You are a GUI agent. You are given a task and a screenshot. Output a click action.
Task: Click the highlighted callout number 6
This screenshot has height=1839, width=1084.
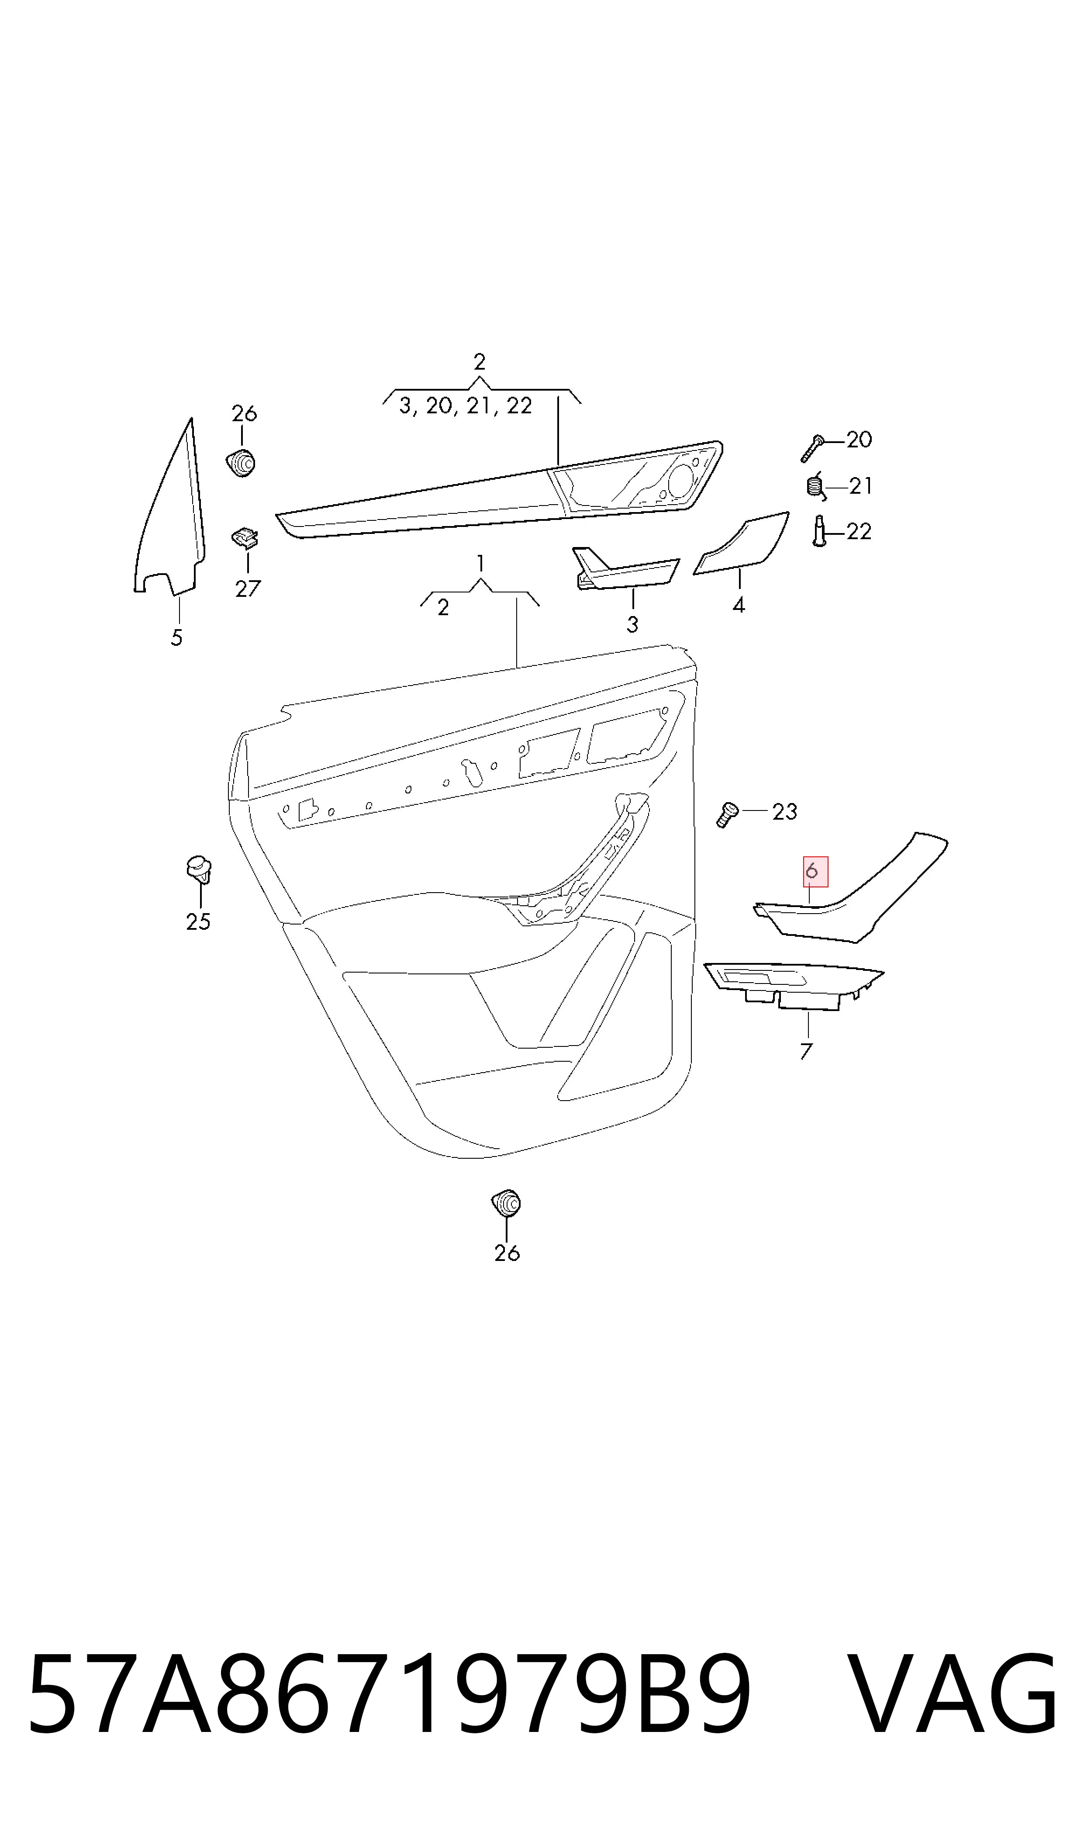811,872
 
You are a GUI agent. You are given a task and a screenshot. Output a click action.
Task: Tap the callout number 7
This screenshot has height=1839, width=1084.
806,1051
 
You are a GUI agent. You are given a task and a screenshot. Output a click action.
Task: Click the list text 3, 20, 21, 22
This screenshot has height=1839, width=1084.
465,406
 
